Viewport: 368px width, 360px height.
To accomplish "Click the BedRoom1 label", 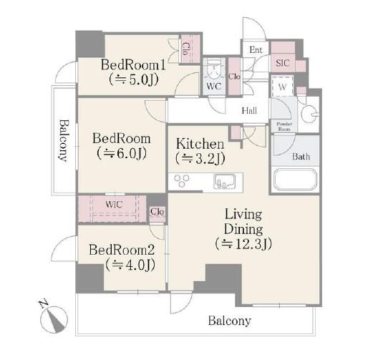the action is [x=133, y=65].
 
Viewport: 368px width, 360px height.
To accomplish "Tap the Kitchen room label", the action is [x=200, y=144].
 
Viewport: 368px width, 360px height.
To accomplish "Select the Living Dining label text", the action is [x=243, y=222].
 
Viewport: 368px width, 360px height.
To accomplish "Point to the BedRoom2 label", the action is [x=122, y=250].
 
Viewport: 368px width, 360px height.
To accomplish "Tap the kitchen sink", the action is [x=225, y=181].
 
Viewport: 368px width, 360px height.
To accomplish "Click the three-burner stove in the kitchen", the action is [x=182, y=181].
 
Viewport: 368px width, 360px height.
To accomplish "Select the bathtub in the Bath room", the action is [x=296, y=180].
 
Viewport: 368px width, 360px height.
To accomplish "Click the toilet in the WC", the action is [x=214, y=69].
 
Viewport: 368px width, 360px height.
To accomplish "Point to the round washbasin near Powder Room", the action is [x=309, y=115].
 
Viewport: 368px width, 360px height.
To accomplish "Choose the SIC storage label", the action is [x=283, y=63].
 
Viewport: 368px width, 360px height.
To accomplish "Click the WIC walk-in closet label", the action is [x=114, y=205].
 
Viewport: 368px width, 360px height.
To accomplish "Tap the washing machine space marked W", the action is [x=282, y=87].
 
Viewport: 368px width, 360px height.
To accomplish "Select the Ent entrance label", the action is [x=256, y=50].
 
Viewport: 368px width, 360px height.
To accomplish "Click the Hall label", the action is [x=249, y=111].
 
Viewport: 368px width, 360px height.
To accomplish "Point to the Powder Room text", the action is [x=284, y=127].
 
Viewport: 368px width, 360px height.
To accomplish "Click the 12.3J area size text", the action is [x=243, y=243].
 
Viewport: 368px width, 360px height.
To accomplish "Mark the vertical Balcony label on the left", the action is [x=63, y=140].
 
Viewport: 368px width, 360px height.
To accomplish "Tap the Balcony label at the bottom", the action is [x=230, y=321].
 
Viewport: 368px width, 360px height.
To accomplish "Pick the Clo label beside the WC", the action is [x=234, y=77].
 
